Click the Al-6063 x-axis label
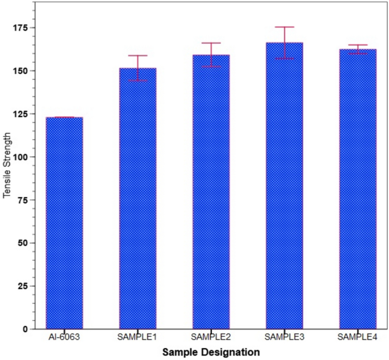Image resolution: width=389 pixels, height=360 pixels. [x=64, y=337]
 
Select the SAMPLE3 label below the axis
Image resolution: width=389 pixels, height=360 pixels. [x=285, y=337]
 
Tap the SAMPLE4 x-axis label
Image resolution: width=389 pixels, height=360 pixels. [x=358, y=337]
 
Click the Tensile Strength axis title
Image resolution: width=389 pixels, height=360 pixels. [x=7, y=165]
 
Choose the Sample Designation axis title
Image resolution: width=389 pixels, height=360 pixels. [x=211, y=352]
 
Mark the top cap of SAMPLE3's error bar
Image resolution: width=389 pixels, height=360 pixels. [x=285, y=27]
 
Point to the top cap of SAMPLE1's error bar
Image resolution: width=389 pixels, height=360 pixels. [x=137, y=56]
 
